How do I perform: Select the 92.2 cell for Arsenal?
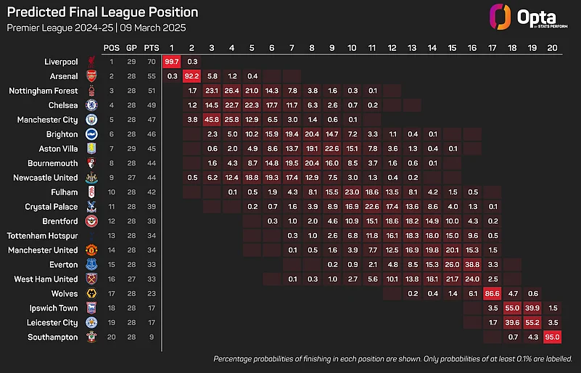click(192, 76)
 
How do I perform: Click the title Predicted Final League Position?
click(102, 13)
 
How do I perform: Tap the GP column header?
click(132, 47)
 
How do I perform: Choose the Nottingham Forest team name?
click(43, 91)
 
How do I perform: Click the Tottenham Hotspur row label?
click(42, 236)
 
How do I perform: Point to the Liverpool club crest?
click(91, 62)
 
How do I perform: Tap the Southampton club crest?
click(91, 337)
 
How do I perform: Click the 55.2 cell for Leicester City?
click(531, 323)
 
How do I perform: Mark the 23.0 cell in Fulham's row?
click(352, 192)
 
